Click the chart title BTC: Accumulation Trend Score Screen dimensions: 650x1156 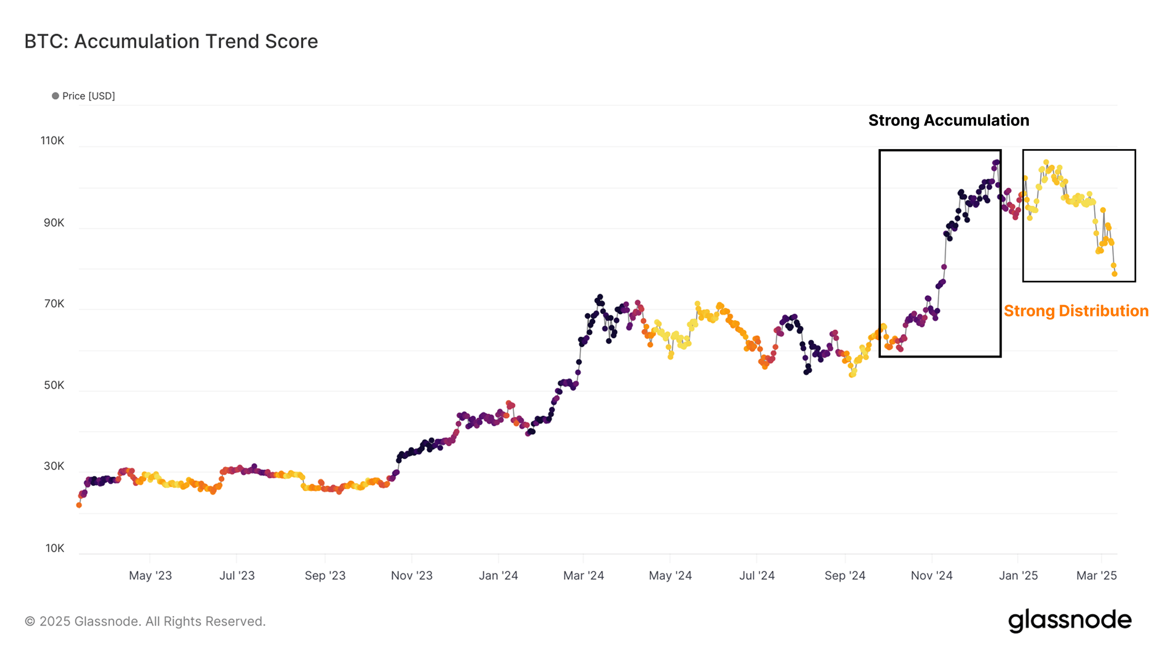(x=171, y=42)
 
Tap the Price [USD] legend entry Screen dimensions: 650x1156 (x=84, y=96)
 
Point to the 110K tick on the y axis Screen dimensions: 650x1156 (x=53, y=141)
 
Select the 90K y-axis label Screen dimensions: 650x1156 (x=54, y=223)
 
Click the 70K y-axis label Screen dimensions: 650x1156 (x=54, y=304)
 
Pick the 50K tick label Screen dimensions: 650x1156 (x=54, y=385)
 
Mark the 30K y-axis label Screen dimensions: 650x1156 (x=54, y=466)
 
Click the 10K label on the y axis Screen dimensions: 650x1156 (x=55, y=548)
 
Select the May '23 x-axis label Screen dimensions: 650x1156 (x=150, y=575)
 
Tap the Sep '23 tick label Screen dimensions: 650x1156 (x=325, y=575)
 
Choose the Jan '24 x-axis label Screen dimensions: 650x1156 (x=498, y=575)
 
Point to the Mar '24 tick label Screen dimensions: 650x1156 (x=583, y=575)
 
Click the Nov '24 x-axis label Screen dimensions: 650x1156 (x=931, y=575)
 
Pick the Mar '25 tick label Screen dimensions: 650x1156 (x=1096, y=575)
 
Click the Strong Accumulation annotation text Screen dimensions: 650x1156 (x=948, y=120)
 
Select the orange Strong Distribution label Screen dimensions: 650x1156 (x=1076, y=311)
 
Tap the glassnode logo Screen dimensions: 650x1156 (x=1069, y=621)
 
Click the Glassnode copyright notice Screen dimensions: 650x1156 (x=145, y=622)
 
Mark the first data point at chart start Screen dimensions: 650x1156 (x=79, y=505)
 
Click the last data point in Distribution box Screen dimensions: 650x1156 (x=1114, y=274)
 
